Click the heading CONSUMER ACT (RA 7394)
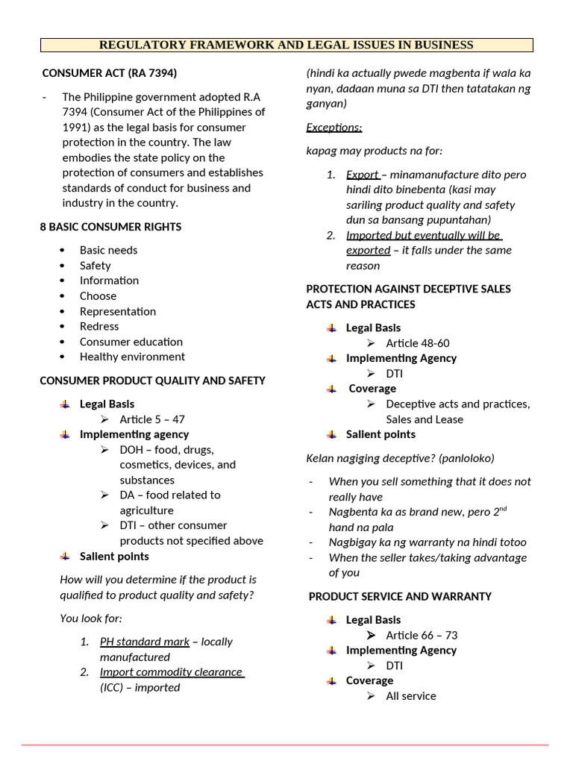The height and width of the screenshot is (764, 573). [109, 73]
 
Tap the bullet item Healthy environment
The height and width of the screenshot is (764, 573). [132, 357]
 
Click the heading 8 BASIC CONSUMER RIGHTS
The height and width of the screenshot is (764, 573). [110, 227]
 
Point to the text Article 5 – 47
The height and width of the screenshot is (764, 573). [152, 419]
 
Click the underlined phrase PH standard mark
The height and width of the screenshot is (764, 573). [145, 642]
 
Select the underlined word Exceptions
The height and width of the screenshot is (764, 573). [334, 128]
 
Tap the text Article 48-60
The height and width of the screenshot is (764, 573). [418, 343]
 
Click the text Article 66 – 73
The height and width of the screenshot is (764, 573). [422, 635]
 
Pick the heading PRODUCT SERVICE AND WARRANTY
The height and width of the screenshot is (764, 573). [400, 596]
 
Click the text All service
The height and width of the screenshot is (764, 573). [411, 696]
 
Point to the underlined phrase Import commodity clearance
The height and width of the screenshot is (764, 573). [172, 672]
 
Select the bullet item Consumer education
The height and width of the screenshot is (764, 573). [131, 342]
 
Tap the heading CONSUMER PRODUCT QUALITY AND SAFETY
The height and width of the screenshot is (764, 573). [152, 381]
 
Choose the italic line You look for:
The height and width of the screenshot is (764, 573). [91, 619]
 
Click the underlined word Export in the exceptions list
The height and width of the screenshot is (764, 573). [362, 175]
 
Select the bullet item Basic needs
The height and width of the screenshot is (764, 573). [109, 250]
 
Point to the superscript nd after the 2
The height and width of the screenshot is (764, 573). [504, 510]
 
